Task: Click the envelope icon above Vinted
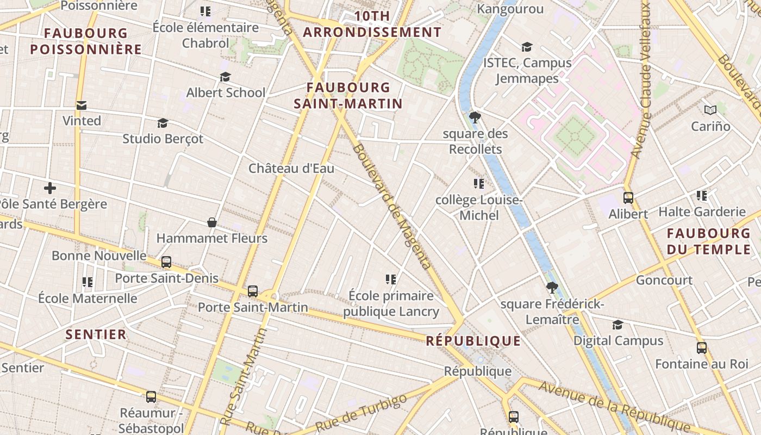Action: [81, 105]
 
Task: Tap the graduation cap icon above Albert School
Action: [225, 77]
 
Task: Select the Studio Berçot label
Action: [163, 139]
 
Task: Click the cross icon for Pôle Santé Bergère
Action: [50, 189]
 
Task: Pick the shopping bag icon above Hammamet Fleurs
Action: [212, 222]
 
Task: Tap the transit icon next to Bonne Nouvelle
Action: [166, 262]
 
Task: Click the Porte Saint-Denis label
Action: [166, 278]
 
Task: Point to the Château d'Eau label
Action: [291, 169]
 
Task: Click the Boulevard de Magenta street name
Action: [392, 206]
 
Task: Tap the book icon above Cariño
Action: [710, 110]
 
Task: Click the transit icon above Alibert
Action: [628, 198]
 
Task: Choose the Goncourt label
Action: [664, 280]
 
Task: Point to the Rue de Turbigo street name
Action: [361, 412]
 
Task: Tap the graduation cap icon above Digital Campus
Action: [617, 325]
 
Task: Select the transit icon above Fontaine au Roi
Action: [702, 348]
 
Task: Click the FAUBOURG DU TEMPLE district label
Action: [709, 241]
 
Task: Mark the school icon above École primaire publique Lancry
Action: [390, 279]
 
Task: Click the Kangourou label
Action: [510, 9]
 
